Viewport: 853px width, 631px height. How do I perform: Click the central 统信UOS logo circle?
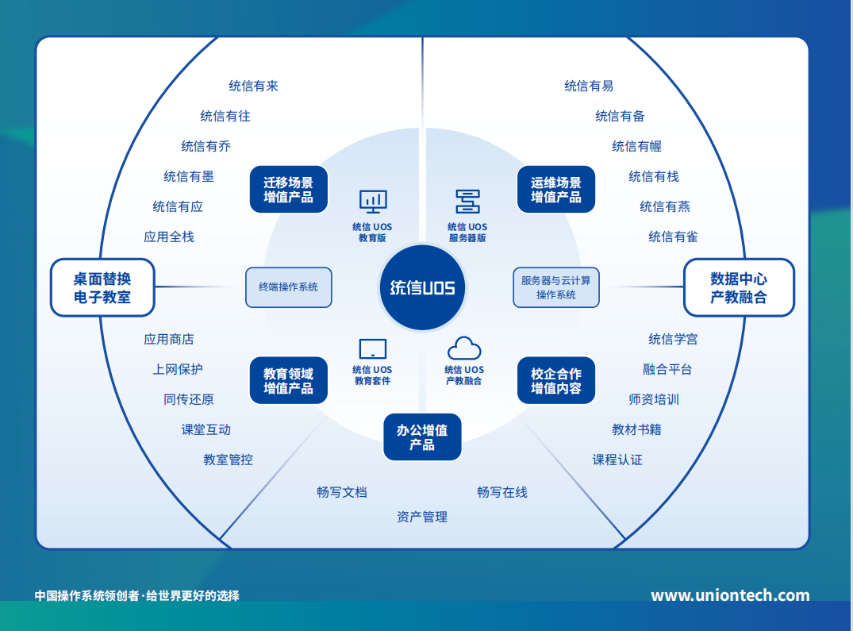click(422, 287)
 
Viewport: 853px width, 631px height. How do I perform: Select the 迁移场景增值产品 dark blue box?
click(289, 190)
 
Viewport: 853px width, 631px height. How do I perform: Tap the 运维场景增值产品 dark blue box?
click(555, 190)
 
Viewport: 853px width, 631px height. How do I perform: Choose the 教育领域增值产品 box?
click(289, 381)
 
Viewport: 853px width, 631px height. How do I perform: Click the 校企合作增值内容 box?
click(555, 381)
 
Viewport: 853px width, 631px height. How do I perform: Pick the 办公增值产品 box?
click(422, 437)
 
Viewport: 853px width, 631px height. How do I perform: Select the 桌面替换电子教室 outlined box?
click(102, 287)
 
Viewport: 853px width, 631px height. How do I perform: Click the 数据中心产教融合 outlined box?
click(739, 287)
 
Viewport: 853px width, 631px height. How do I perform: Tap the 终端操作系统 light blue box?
click(288, 287)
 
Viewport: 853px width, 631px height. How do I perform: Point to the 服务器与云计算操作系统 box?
click(555, 287)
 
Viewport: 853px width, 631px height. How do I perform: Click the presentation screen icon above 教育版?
click(373, 202)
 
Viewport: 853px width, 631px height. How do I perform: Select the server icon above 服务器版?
click(467, 202)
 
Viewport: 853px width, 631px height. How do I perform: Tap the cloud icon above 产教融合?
click(464, 348)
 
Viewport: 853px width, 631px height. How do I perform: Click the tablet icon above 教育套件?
click(373, 348)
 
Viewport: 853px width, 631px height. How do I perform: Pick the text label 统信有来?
click(253, 86)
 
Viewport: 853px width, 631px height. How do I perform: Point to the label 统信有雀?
click(673, 237)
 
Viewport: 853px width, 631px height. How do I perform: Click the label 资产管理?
click(422, 517)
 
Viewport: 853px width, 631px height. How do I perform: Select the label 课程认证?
click(617, 460)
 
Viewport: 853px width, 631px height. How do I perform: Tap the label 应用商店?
click(168, 339)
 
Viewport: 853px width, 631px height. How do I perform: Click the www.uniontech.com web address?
click(730, 595)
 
